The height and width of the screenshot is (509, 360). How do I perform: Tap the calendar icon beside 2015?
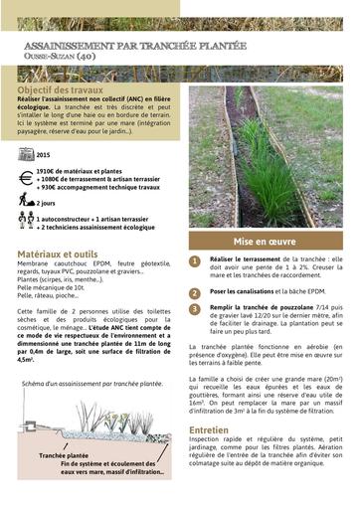tap(26, 155)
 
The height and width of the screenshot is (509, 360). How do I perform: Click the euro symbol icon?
tap(26, 179)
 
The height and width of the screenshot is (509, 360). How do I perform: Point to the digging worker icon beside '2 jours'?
tap(26, 201)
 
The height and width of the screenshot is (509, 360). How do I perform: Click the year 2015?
tap(43, 156)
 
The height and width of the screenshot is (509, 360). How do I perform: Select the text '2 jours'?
tap(49, 202)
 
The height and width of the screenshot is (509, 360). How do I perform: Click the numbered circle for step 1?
tap(195, 262)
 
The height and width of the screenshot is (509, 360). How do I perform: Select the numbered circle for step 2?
tap(195, 292)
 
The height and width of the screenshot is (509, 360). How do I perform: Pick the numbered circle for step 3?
tap(195, 309)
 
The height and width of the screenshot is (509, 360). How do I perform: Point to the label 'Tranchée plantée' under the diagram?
tap(64, 454)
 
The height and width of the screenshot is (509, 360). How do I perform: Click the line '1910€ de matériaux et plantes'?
tap(84, 171)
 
